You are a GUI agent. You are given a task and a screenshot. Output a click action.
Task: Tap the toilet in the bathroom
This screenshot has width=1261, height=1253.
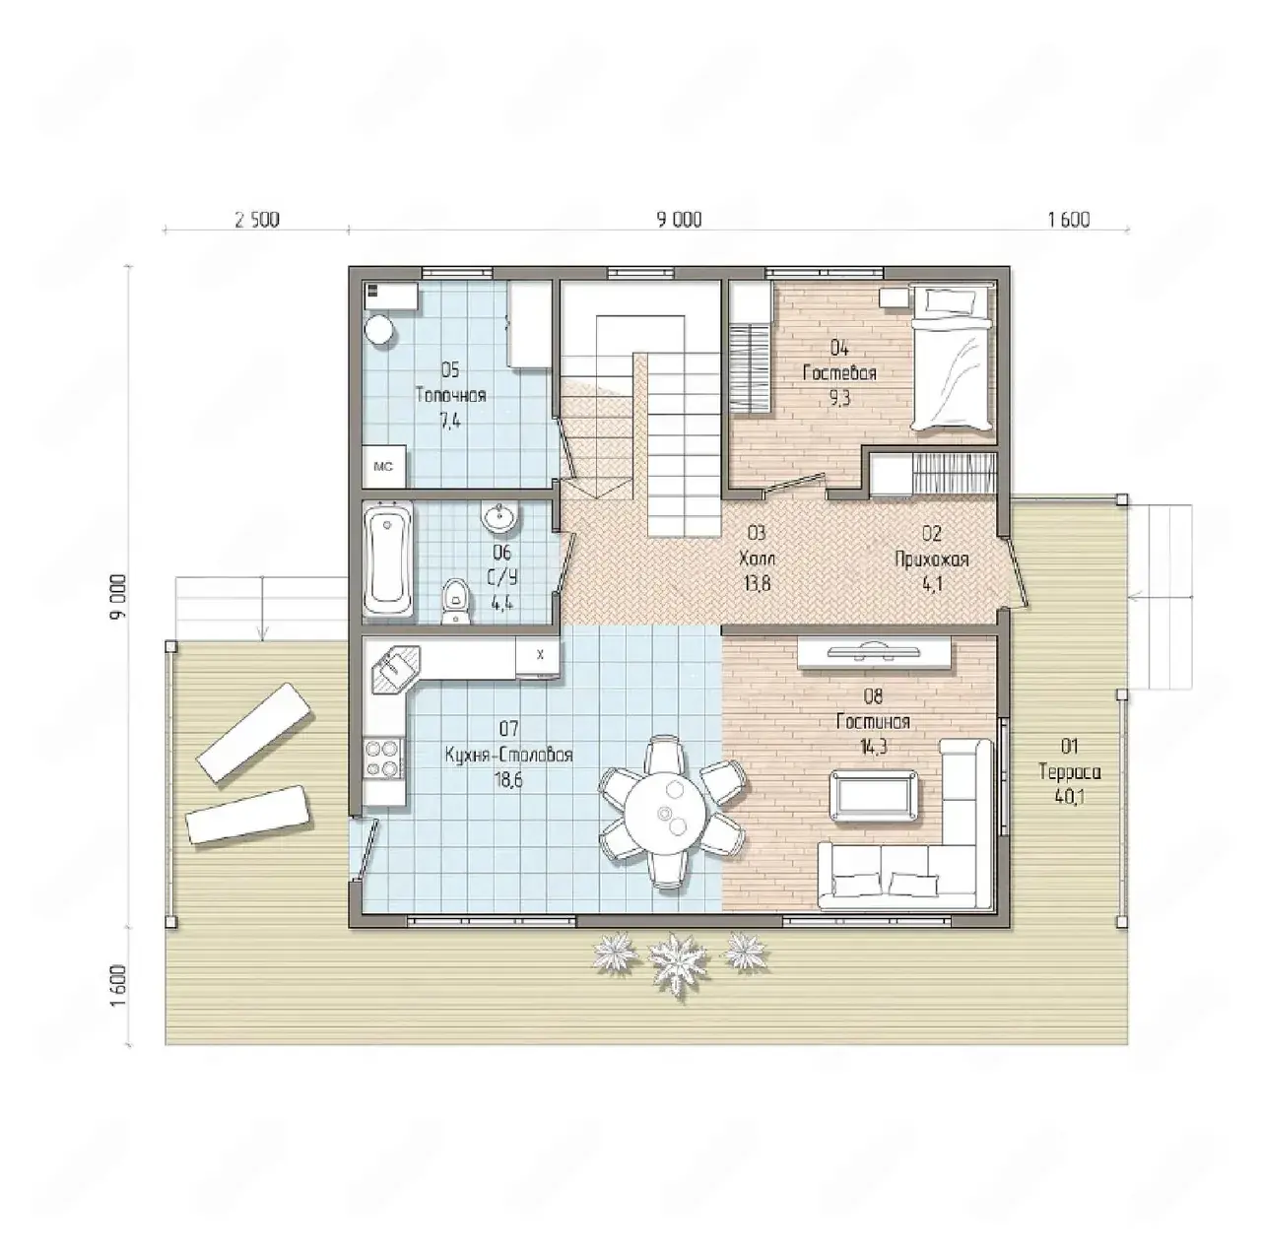pos(455,600)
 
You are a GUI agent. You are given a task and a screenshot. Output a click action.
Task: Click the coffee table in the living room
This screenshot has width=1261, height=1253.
pos(873,795)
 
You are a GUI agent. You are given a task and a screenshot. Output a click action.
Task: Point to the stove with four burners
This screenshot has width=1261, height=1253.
pos(382,758)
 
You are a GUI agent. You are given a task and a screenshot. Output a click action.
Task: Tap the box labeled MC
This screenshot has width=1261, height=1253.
pos(384,466)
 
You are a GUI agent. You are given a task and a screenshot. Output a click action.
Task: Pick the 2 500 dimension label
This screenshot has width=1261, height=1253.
pos(257,220)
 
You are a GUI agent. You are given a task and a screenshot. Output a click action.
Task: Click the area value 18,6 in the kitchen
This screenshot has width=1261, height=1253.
pos(509,780)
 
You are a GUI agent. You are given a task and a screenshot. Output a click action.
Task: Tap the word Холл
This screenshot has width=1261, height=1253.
pos(757,559)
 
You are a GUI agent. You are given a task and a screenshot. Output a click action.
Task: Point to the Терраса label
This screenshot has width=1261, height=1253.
pos(1070,772)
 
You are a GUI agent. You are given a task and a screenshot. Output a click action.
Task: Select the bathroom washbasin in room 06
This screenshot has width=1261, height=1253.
pos(500,517)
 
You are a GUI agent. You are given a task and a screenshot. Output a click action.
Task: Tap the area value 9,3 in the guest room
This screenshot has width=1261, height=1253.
pos(839,397)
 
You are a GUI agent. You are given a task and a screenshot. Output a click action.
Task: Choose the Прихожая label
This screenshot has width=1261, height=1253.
pos(932,560)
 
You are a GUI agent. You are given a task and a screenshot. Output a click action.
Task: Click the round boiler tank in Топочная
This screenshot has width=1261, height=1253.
pos(379,329)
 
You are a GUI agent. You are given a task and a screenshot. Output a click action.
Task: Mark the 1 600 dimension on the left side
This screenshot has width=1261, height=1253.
pos(118,987)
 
